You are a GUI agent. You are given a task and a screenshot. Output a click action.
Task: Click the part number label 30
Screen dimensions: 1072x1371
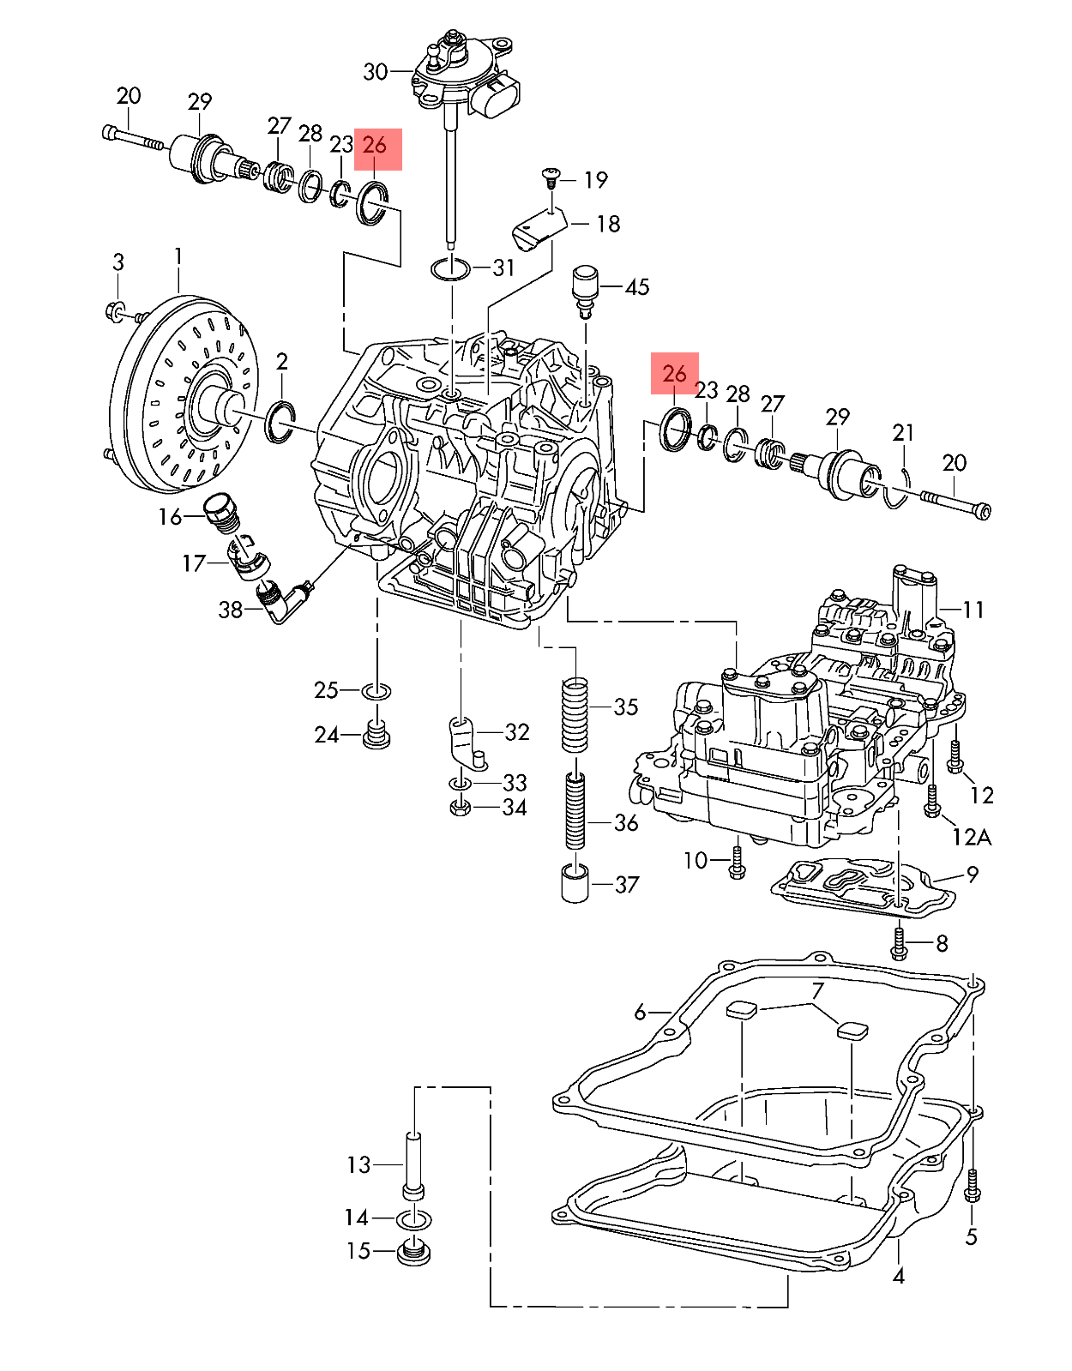[375, 72]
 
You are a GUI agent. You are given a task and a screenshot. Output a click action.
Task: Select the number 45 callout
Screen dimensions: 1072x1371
[636, 287]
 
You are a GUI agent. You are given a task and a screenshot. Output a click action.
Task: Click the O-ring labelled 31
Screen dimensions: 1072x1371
[450, 268]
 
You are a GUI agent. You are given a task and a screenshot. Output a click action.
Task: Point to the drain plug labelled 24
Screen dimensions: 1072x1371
[377, 736]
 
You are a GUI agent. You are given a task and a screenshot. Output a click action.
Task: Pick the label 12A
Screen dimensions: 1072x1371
[973, 837]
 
